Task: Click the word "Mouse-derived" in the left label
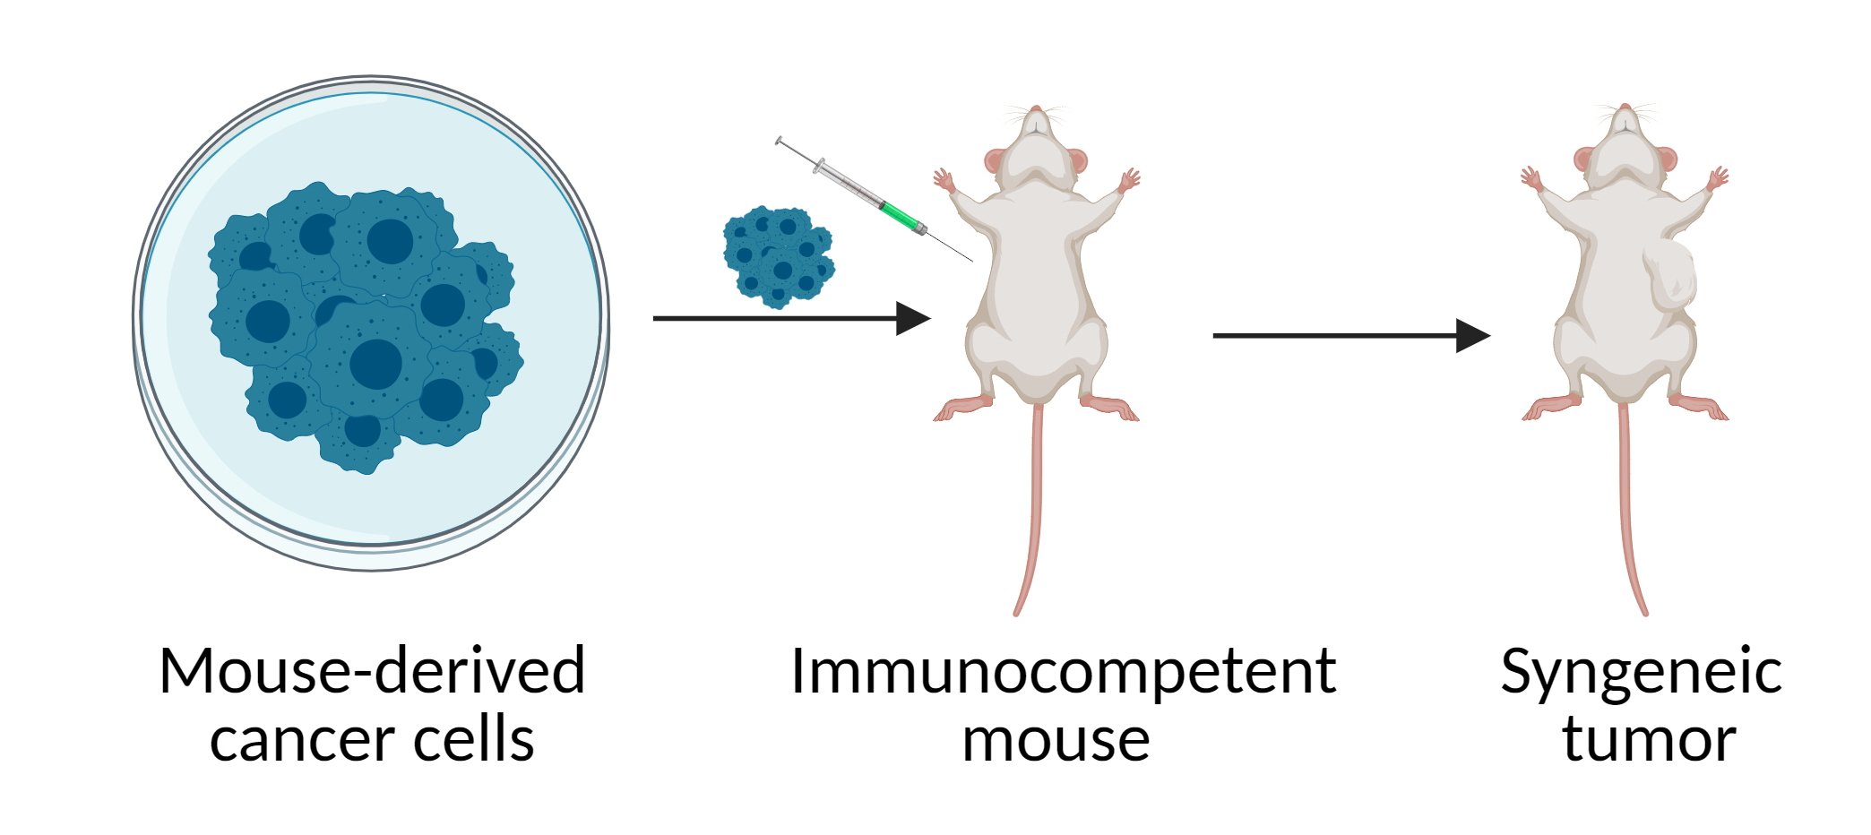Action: tap(372, 672)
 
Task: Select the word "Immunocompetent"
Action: tap(1063, 672)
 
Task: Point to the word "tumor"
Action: tap(1649, 741)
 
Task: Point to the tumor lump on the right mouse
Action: tap(1672, 282)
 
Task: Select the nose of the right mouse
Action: tap(1625, 108)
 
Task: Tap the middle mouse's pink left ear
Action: tap(995, 161)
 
